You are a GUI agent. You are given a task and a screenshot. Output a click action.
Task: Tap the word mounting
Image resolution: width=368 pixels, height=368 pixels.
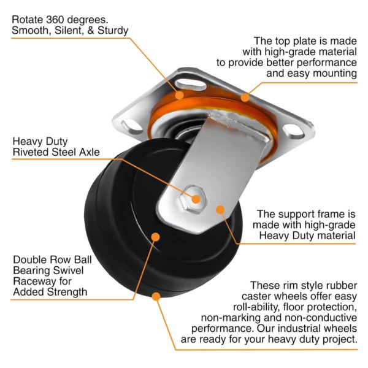[332, 74]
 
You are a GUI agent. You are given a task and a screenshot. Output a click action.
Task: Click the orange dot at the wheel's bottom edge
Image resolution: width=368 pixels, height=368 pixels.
[156, 296]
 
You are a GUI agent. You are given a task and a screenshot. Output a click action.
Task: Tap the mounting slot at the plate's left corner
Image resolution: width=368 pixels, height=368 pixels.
[129, 126]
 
